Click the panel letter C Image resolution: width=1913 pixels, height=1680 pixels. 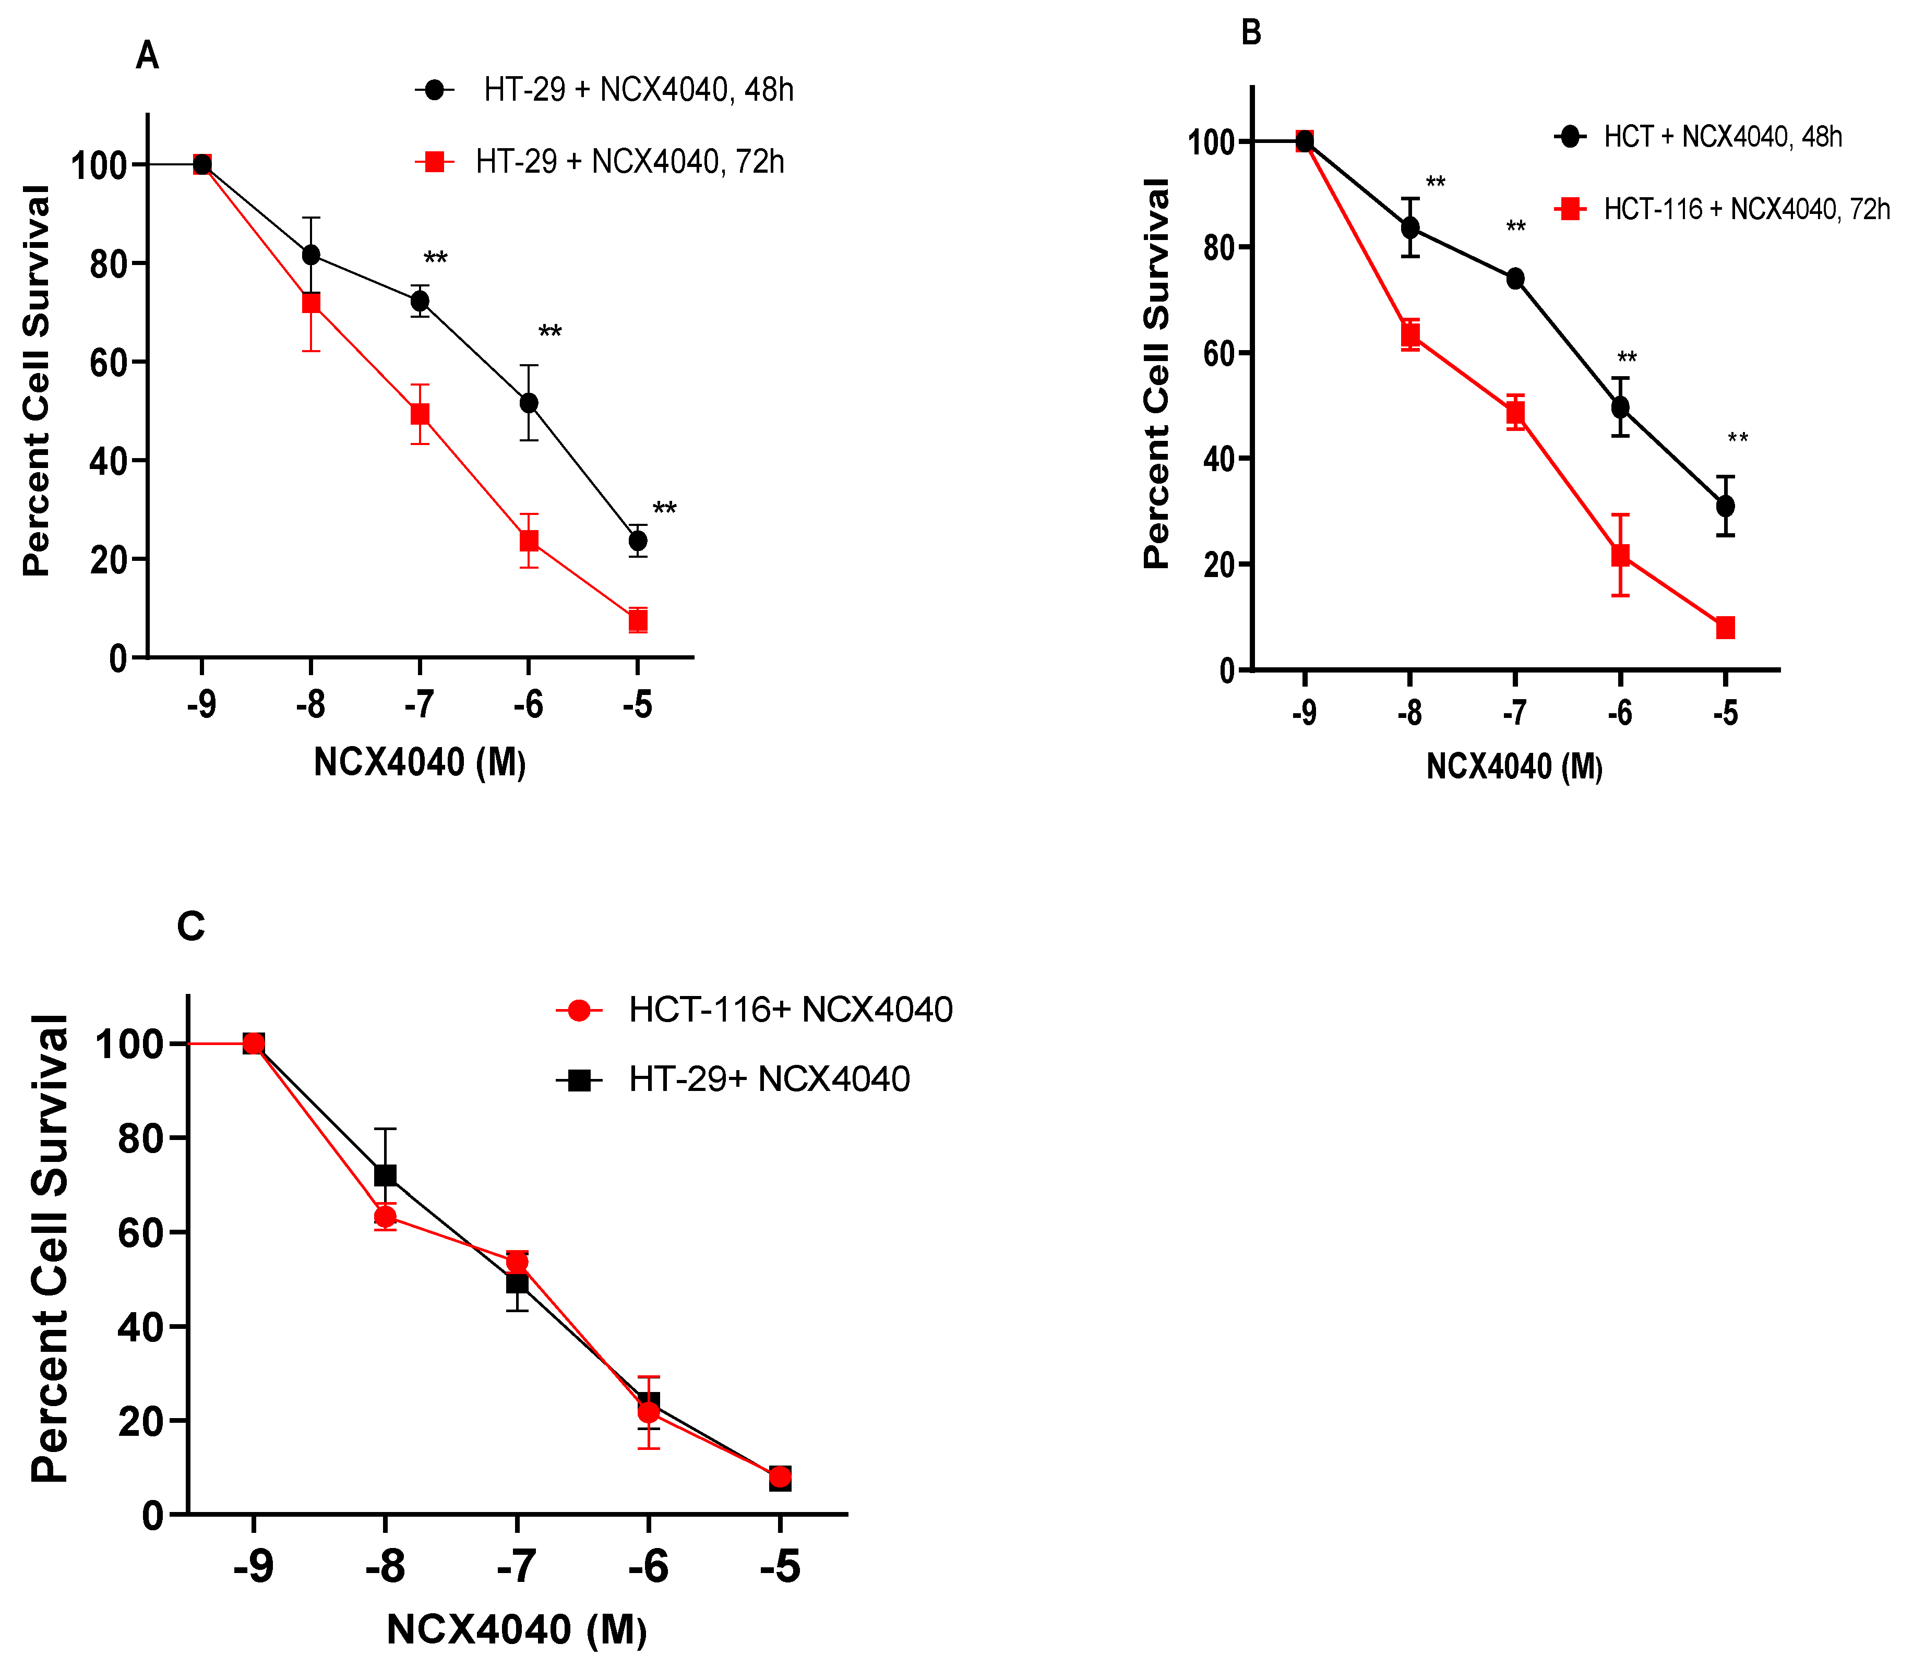coord(191,927)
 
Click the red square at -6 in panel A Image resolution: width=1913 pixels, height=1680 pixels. coord(529,541)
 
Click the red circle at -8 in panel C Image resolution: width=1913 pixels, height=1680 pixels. coord(385,1217)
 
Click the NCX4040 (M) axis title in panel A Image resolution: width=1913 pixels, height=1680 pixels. coord(420,763)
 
